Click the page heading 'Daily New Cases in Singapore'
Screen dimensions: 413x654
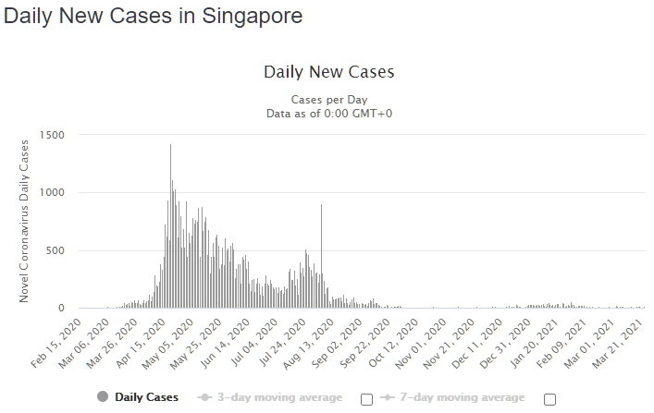point(154,17)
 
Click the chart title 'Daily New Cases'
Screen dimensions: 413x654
point(329,72)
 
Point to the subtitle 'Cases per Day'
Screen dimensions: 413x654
point(329,99)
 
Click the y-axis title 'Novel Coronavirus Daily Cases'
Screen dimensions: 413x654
point(25,221)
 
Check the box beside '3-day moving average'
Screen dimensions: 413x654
point(366,399)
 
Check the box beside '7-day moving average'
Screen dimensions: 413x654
point(550,399)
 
